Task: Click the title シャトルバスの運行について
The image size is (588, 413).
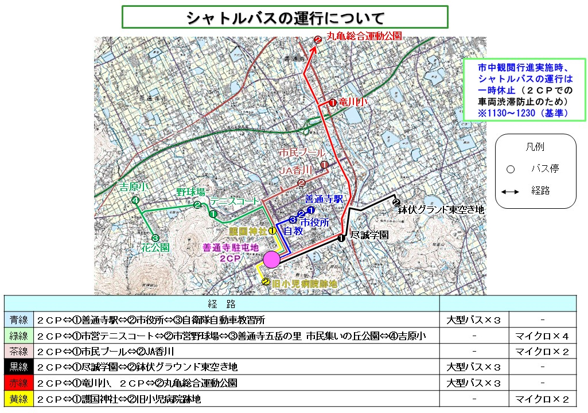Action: pos(285,17)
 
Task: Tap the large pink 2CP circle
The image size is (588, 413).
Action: pos(271,260)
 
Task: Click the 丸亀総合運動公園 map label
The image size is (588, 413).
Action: pos(364,36)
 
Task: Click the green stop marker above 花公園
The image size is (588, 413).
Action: pos(154,237)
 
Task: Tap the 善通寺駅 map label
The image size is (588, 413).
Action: pos(324,200)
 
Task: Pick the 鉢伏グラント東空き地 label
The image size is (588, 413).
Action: pos(441,211)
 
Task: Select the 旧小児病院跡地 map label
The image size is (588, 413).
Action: pos(304,283)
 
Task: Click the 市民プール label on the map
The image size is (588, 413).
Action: pos(302,153)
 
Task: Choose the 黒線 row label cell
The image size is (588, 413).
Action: pos(18,367)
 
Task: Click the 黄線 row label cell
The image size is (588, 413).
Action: pos(18,399)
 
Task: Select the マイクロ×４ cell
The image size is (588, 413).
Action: pos(542,336)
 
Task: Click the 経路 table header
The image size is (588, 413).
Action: pos(221,304)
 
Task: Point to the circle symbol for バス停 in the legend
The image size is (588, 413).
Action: pos(511,169)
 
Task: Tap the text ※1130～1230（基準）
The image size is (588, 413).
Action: pos(524,114)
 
